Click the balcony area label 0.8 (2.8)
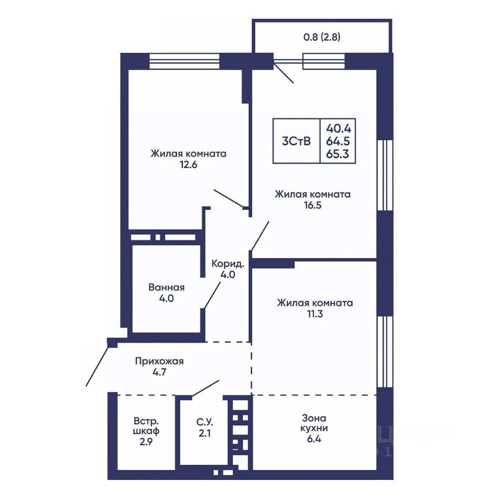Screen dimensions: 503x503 (x=322, y=37)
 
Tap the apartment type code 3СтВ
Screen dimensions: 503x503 (x=297, y=141)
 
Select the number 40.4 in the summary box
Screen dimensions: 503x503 (x=339, y=129)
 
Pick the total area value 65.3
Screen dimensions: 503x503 (x=337, y=154)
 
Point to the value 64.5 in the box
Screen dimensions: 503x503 (x=338, y=141)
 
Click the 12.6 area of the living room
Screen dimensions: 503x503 (x=189, y=165)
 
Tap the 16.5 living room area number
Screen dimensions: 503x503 (x=313, y=205)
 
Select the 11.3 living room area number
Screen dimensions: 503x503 (x=315, y=314)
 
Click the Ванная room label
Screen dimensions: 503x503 (x=167, y=287)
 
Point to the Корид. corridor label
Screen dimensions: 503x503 (x=228, y=264)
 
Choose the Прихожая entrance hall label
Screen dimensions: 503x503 (x=159, y=362)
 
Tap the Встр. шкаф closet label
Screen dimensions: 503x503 (x=146, y=425)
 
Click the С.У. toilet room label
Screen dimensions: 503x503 (x=204, y=421)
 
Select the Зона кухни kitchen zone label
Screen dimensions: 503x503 (x=314, y=423)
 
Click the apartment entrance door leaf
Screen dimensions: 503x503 (x=97, y=365)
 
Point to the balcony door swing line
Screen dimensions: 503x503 (x=283, y=72)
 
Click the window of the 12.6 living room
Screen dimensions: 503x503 (x=184, y=61)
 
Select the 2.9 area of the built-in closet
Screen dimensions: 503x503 (x=146, y=442)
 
